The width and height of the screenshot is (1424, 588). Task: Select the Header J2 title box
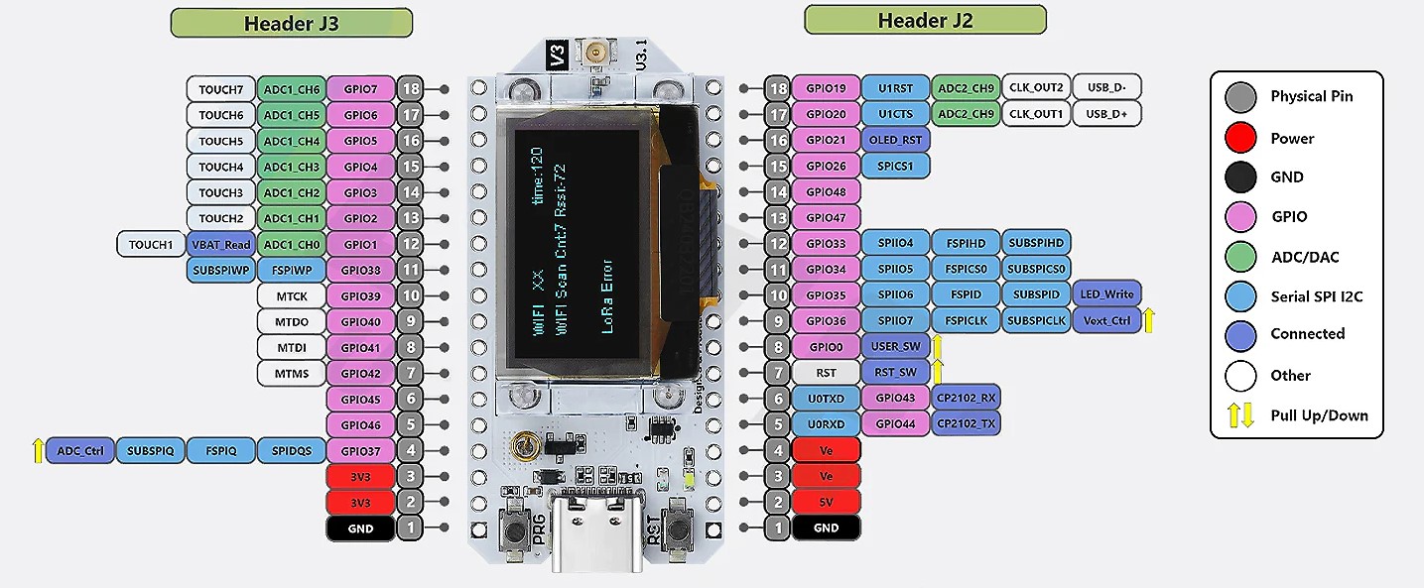tap(925, 20)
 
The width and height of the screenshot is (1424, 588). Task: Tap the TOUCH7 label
tap(220, 89)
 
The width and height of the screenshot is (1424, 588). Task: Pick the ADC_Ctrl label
tap(80, 451)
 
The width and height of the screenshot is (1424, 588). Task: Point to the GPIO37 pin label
tap(360, 451)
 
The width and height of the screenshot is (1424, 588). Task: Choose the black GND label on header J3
tap(360, 529)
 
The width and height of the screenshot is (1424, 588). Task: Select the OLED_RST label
tap(895, 140)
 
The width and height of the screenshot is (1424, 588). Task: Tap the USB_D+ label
tap(1106, 114)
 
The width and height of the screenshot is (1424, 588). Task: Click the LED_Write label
tap(1106, 294)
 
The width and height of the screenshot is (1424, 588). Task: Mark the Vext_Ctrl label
tap(1106, 320)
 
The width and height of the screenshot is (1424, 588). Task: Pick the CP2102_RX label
tap(965, 398)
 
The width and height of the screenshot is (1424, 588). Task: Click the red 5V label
tap(826, 502)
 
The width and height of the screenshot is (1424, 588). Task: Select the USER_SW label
tap(895, 346)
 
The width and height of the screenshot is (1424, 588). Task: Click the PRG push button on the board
tap(516, 529)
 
